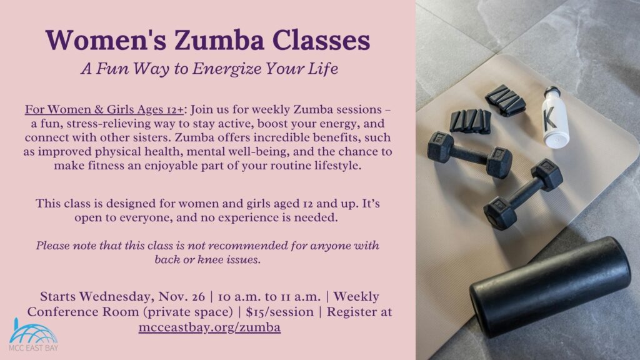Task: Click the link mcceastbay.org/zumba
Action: (209, 327)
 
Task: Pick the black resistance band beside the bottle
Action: (506, 99)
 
